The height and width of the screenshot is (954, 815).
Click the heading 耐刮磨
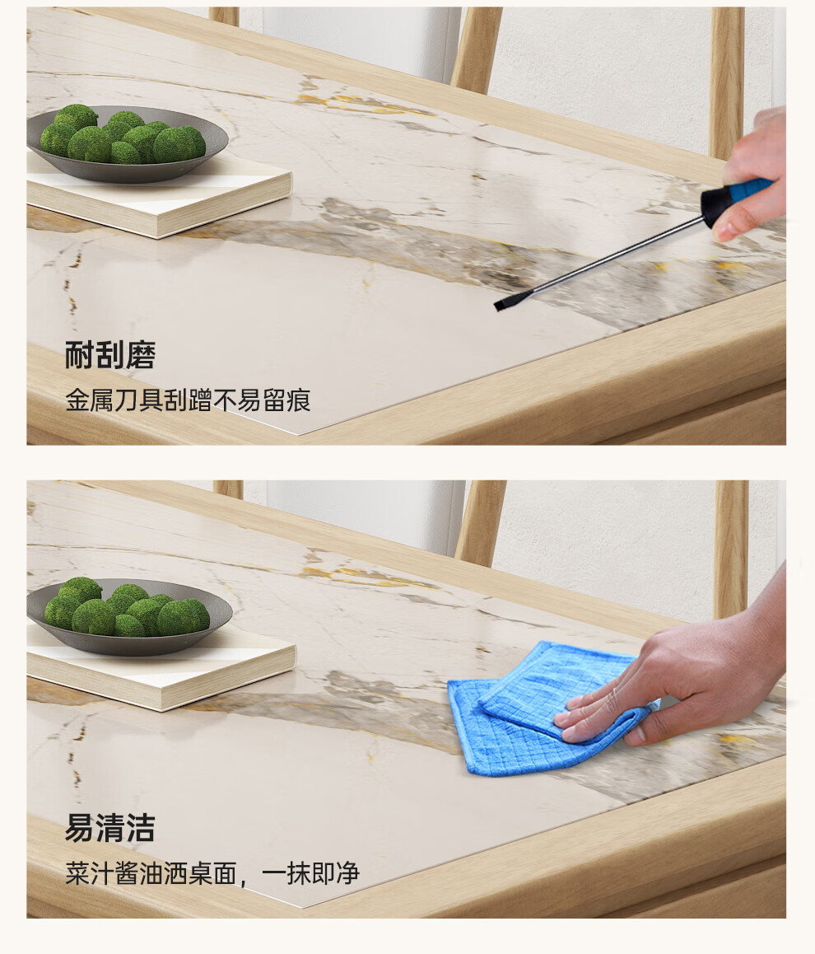tap(110, 355)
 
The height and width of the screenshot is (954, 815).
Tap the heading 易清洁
tap(110, 828)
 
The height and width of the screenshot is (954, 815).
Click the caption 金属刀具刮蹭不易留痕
tap(188, 400)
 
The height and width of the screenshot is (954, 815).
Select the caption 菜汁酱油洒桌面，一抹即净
tap(212, 874)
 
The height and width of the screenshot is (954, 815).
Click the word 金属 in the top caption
tap(90, 400)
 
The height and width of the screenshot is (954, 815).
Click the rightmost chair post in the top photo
tap(727, 83)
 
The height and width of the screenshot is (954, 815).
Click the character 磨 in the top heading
tap(141, 355)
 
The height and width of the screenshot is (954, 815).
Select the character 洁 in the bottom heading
tap(141, 828)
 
